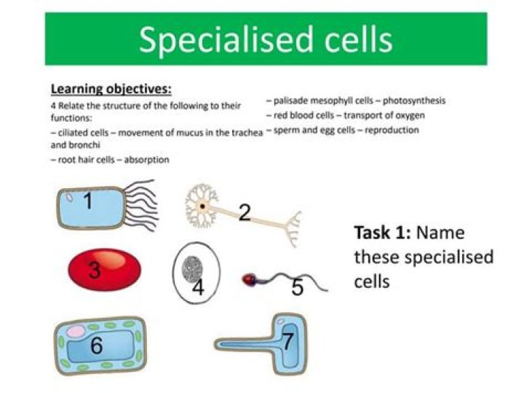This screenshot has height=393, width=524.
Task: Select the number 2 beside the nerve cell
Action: [245, 212]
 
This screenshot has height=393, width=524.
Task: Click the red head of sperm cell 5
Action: [249, 279]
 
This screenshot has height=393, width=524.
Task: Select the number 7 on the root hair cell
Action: [287, 341]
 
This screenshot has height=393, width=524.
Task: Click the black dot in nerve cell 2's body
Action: [204, 206]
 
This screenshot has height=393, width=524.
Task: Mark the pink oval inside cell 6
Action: [75, 332]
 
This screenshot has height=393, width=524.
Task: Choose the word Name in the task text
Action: [442, 233]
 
